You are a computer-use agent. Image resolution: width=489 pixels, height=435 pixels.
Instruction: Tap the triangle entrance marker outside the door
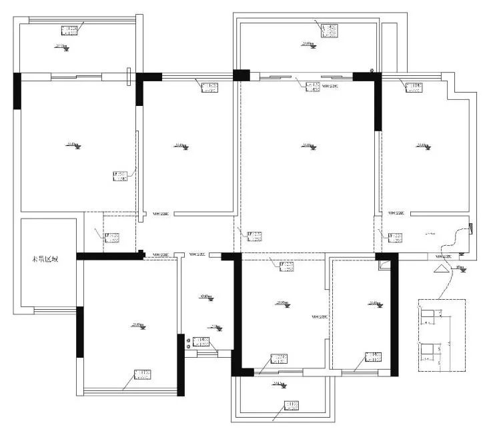(441, 270)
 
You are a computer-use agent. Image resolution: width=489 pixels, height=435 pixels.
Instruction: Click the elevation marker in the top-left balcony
(60, 47)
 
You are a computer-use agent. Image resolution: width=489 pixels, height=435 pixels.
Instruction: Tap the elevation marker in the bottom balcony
(278, 384)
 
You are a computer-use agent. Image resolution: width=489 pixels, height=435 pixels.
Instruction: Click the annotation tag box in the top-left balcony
(70, 30)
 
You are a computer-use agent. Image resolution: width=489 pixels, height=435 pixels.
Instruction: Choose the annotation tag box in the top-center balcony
(329, 29)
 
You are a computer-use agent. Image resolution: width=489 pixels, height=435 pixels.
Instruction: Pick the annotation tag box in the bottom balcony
(292, 405)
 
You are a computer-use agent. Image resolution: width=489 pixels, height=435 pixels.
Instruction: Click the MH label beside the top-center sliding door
(330, 86)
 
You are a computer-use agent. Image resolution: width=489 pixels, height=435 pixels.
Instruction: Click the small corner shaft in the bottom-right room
(382, 264)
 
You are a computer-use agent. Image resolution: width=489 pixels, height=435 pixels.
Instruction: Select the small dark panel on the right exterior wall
(471, 229)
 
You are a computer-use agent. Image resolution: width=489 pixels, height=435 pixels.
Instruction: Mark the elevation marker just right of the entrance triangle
(460, 268)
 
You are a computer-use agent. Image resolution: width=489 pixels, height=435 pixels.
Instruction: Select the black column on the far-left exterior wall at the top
(17, 91)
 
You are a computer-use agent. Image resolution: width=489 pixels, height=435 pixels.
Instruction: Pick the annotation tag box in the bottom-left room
(142, 374)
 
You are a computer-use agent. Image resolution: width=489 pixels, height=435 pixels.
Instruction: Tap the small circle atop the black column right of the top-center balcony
(372, 69)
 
